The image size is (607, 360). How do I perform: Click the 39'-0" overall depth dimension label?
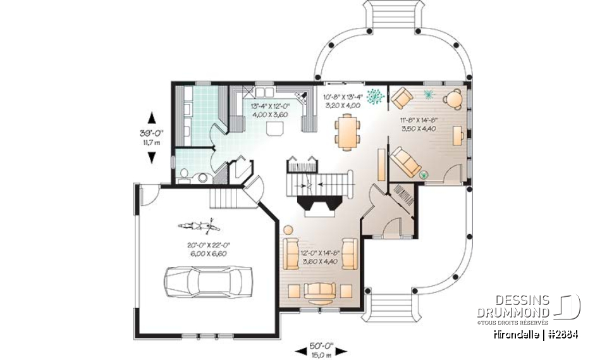click(x=151, y=134)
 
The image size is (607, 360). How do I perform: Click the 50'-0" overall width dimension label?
click(x=322, y=347)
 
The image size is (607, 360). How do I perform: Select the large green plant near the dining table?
click(x=376, y=96)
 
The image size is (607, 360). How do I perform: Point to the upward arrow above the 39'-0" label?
click(x=151, y=118)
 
